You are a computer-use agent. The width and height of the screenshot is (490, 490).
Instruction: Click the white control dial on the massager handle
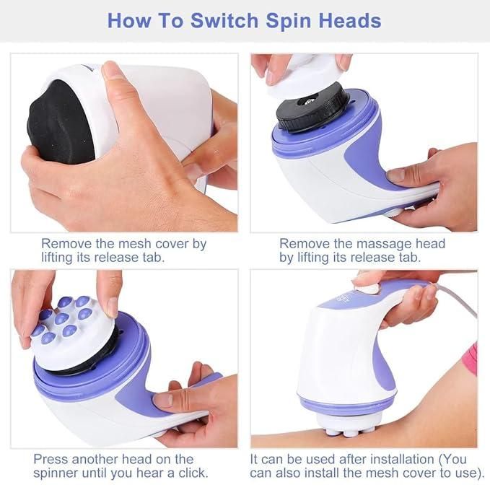367,288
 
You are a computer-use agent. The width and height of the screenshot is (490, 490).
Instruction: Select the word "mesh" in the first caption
134,243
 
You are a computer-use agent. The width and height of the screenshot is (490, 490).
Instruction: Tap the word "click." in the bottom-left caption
188,473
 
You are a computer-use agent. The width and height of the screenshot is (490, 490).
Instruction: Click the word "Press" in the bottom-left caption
53,458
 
